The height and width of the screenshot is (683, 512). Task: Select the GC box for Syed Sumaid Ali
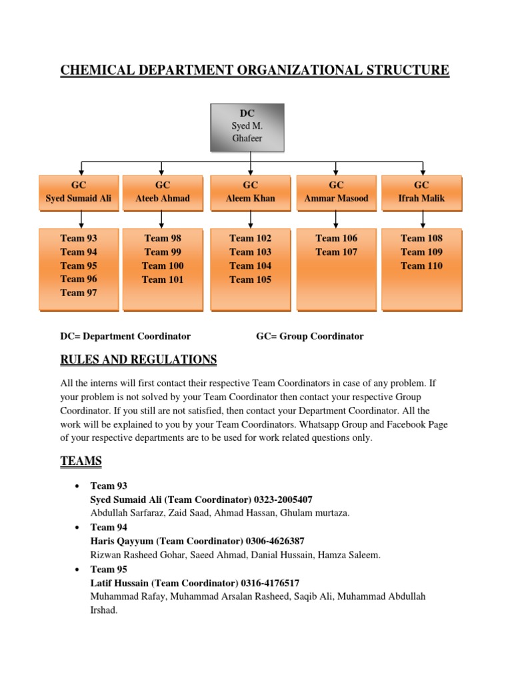click(79, 191)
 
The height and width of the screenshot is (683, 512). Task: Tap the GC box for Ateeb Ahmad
click(163, 191)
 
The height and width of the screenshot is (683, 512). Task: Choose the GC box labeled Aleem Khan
click(250, 191)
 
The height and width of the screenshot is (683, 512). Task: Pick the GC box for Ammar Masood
click(336, 191)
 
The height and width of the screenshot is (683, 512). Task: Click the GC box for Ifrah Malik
click(421, 191)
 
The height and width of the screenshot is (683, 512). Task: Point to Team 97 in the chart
click(79, 293)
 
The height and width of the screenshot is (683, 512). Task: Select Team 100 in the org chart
click(163, 265)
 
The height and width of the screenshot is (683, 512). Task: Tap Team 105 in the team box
click(250, 279)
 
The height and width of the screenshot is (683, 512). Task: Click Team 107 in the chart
click(336, 252)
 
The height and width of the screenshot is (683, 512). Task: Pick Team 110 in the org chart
click(421, 265)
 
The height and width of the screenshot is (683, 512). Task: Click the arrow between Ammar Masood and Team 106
click(336, 218)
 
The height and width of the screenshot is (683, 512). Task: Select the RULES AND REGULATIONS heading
click(139, 360)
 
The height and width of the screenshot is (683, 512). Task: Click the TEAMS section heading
click(81, 460)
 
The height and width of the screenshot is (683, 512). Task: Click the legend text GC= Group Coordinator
click(310, 336)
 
